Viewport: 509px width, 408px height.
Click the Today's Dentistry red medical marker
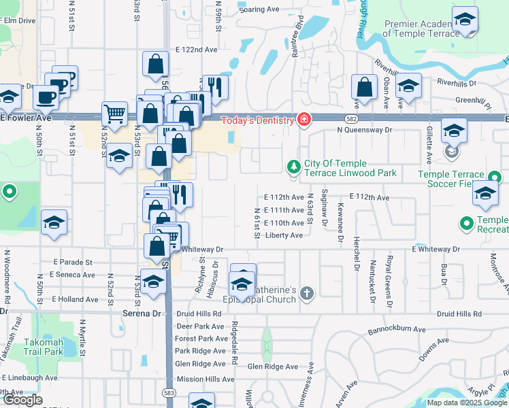303,120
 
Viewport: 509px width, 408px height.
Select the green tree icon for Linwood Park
293,167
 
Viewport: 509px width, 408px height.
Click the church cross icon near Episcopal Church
307,294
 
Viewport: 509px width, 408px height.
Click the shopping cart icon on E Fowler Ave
114,114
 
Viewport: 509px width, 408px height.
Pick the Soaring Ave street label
259,10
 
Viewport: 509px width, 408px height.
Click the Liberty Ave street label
283,235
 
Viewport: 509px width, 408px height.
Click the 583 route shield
169,392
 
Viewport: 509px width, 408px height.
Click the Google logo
22,400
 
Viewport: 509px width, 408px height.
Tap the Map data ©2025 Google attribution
466,403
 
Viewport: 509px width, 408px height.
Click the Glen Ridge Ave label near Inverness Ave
272,367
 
